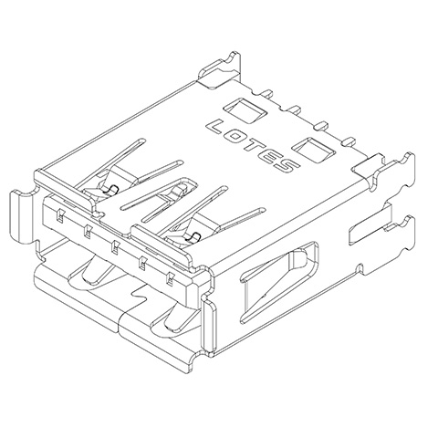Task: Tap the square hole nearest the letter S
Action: pos(309,147)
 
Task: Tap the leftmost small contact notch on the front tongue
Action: pos(57,215)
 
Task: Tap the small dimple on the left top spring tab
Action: pos(107,189)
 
